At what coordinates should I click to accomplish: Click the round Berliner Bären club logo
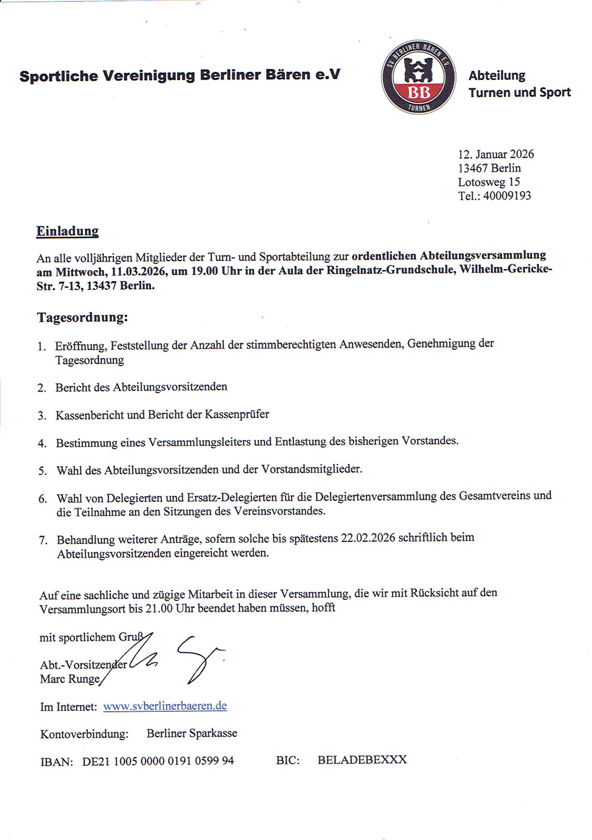point(418,77)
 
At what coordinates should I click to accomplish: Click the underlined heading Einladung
point(67,231)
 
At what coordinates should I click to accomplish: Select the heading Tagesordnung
point(82,317)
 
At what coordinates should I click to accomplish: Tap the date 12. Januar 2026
point(496,154)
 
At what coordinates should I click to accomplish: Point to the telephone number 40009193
point(507,196)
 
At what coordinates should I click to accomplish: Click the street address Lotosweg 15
point(488,182)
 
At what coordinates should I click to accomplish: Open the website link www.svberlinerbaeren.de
point(165,706)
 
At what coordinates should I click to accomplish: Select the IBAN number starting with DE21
point(158,761)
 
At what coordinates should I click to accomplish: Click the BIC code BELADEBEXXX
point(362,760)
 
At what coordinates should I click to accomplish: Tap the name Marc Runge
point(70,679)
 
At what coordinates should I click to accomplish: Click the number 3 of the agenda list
point(42,416)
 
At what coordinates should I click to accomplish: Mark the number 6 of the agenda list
point(43,499)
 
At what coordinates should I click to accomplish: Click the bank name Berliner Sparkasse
point(192,733)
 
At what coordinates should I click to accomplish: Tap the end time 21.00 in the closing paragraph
point(159,609)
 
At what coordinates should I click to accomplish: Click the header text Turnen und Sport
point(519,92)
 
